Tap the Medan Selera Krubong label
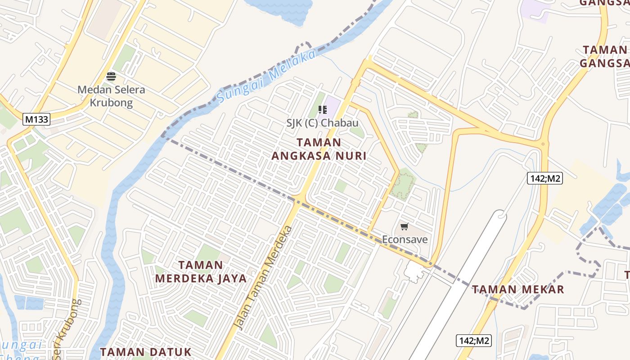111,95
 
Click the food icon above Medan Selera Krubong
111,76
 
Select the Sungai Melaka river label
266,77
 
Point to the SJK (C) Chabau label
322,123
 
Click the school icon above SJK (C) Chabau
322,110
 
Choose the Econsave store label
405,239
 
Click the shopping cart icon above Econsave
405,226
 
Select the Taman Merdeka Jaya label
201,271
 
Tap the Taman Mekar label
517,289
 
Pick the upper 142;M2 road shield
545,179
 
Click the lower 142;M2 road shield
474,341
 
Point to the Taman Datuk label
146,351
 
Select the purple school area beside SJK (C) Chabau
333,105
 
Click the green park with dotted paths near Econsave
402,184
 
